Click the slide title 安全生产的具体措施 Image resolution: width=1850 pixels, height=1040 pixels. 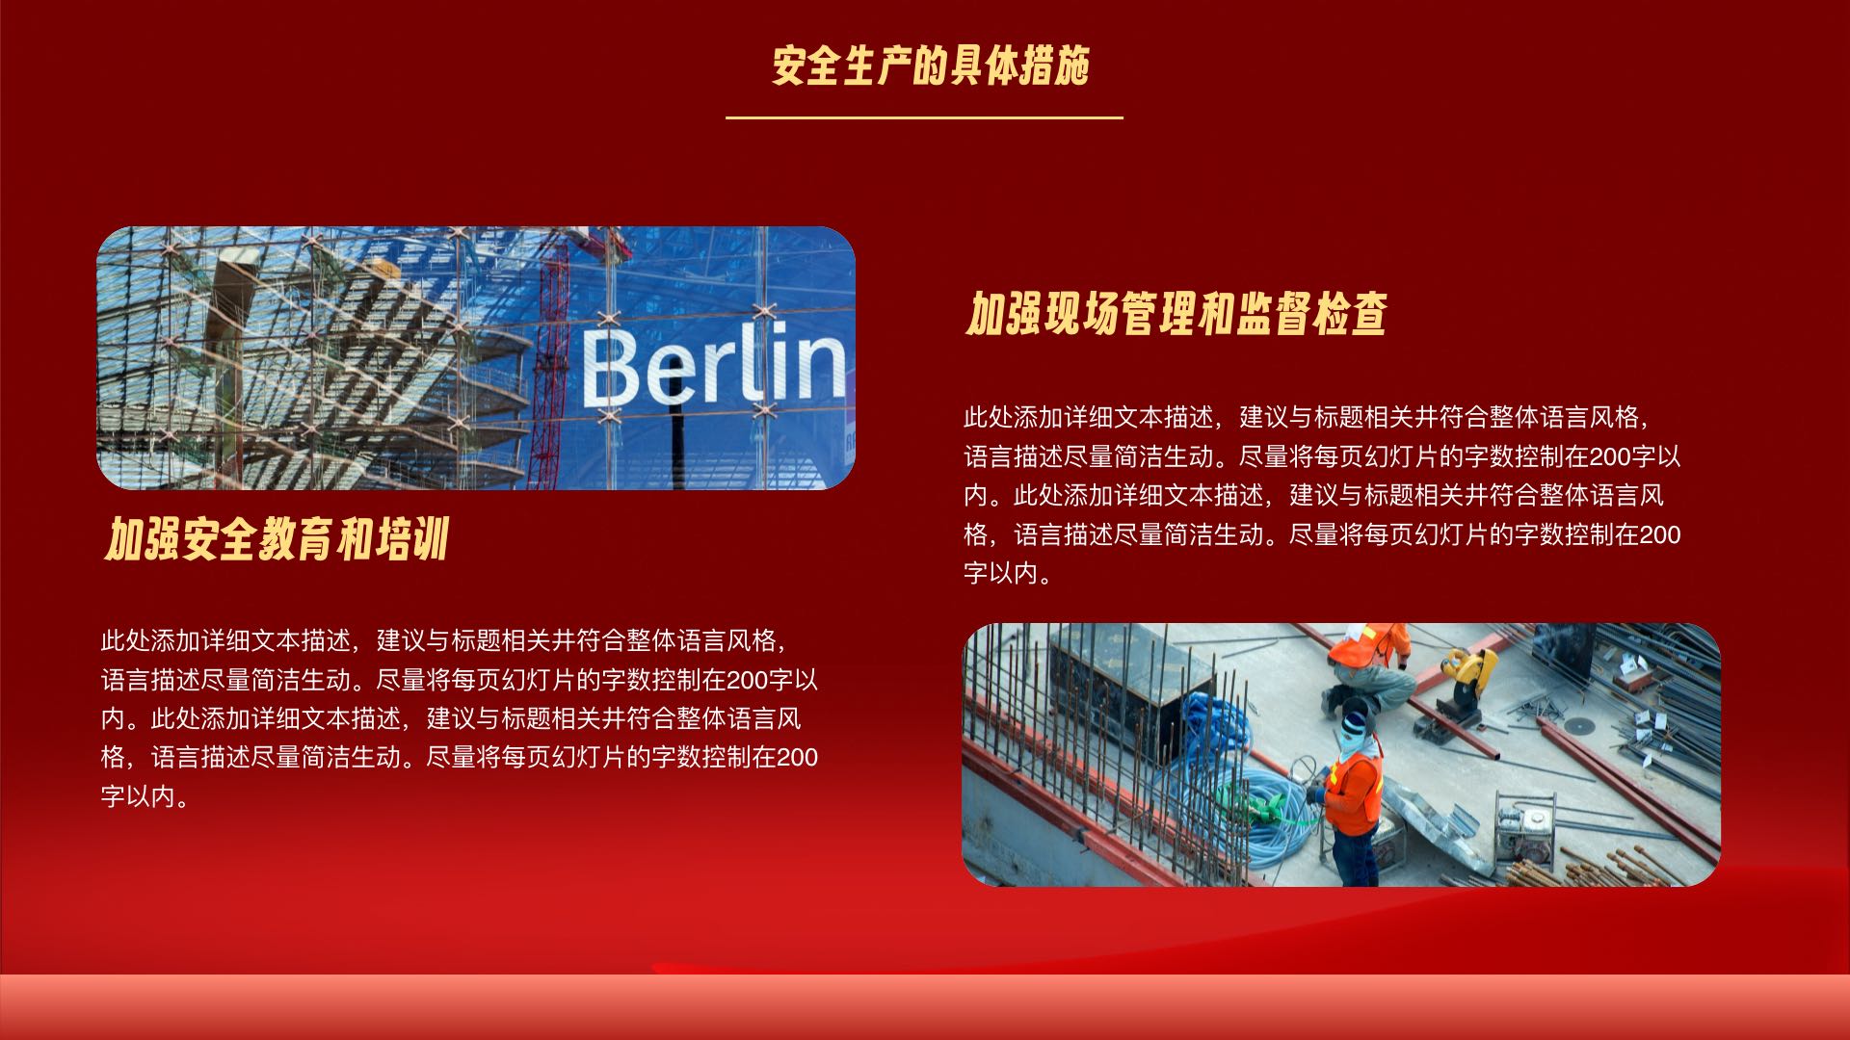(930, 66)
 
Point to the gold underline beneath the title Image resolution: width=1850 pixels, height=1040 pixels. (924, 117)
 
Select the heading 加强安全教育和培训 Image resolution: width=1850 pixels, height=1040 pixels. (277, 539)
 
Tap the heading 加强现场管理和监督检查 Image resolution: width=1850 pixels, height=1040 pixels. (1176, 314)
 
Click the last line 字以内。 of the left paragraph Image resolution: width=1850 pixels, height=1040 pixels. (145, 796)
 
